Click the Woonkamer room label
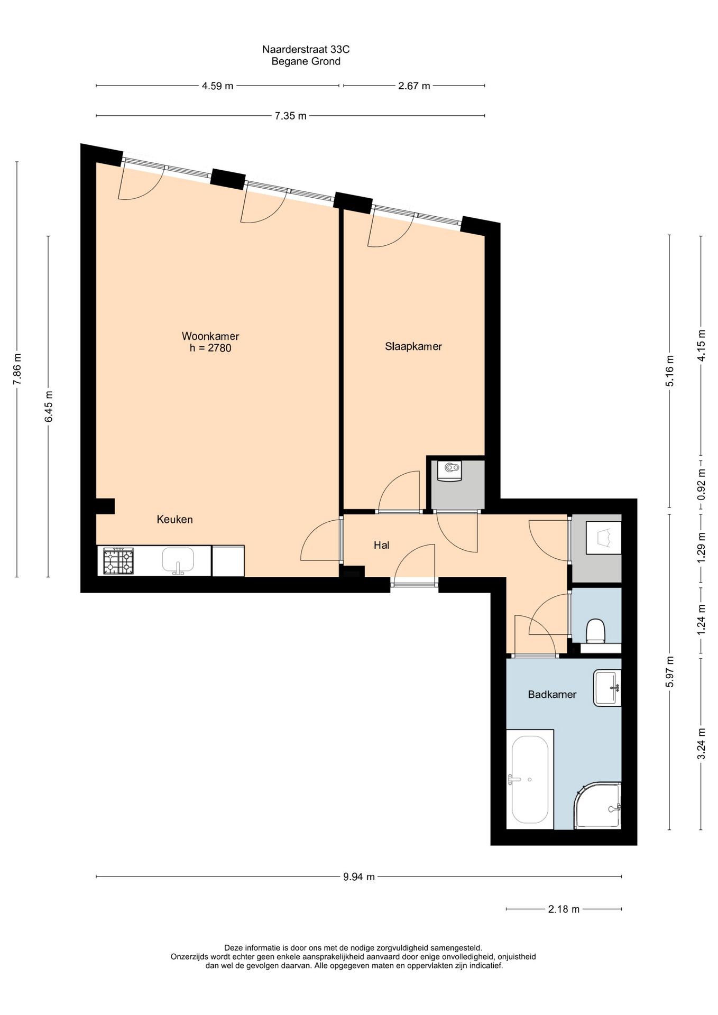210,336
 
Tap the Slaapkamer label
413,347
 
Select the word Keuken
174,520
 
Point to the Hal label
381,545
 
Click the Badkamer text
552,695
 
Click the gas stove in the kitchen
118,561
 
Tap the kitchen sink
178,561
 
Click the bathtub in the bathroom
530,780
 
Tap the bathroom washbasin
607,688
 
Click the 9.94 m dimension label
359,877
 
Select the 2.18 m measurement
564,909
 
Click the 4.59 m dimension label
217,86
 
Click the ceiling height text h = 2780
210,348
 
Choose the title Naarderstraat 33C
306,49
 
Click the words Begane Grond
306,61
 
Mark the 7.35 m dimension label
290,116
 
